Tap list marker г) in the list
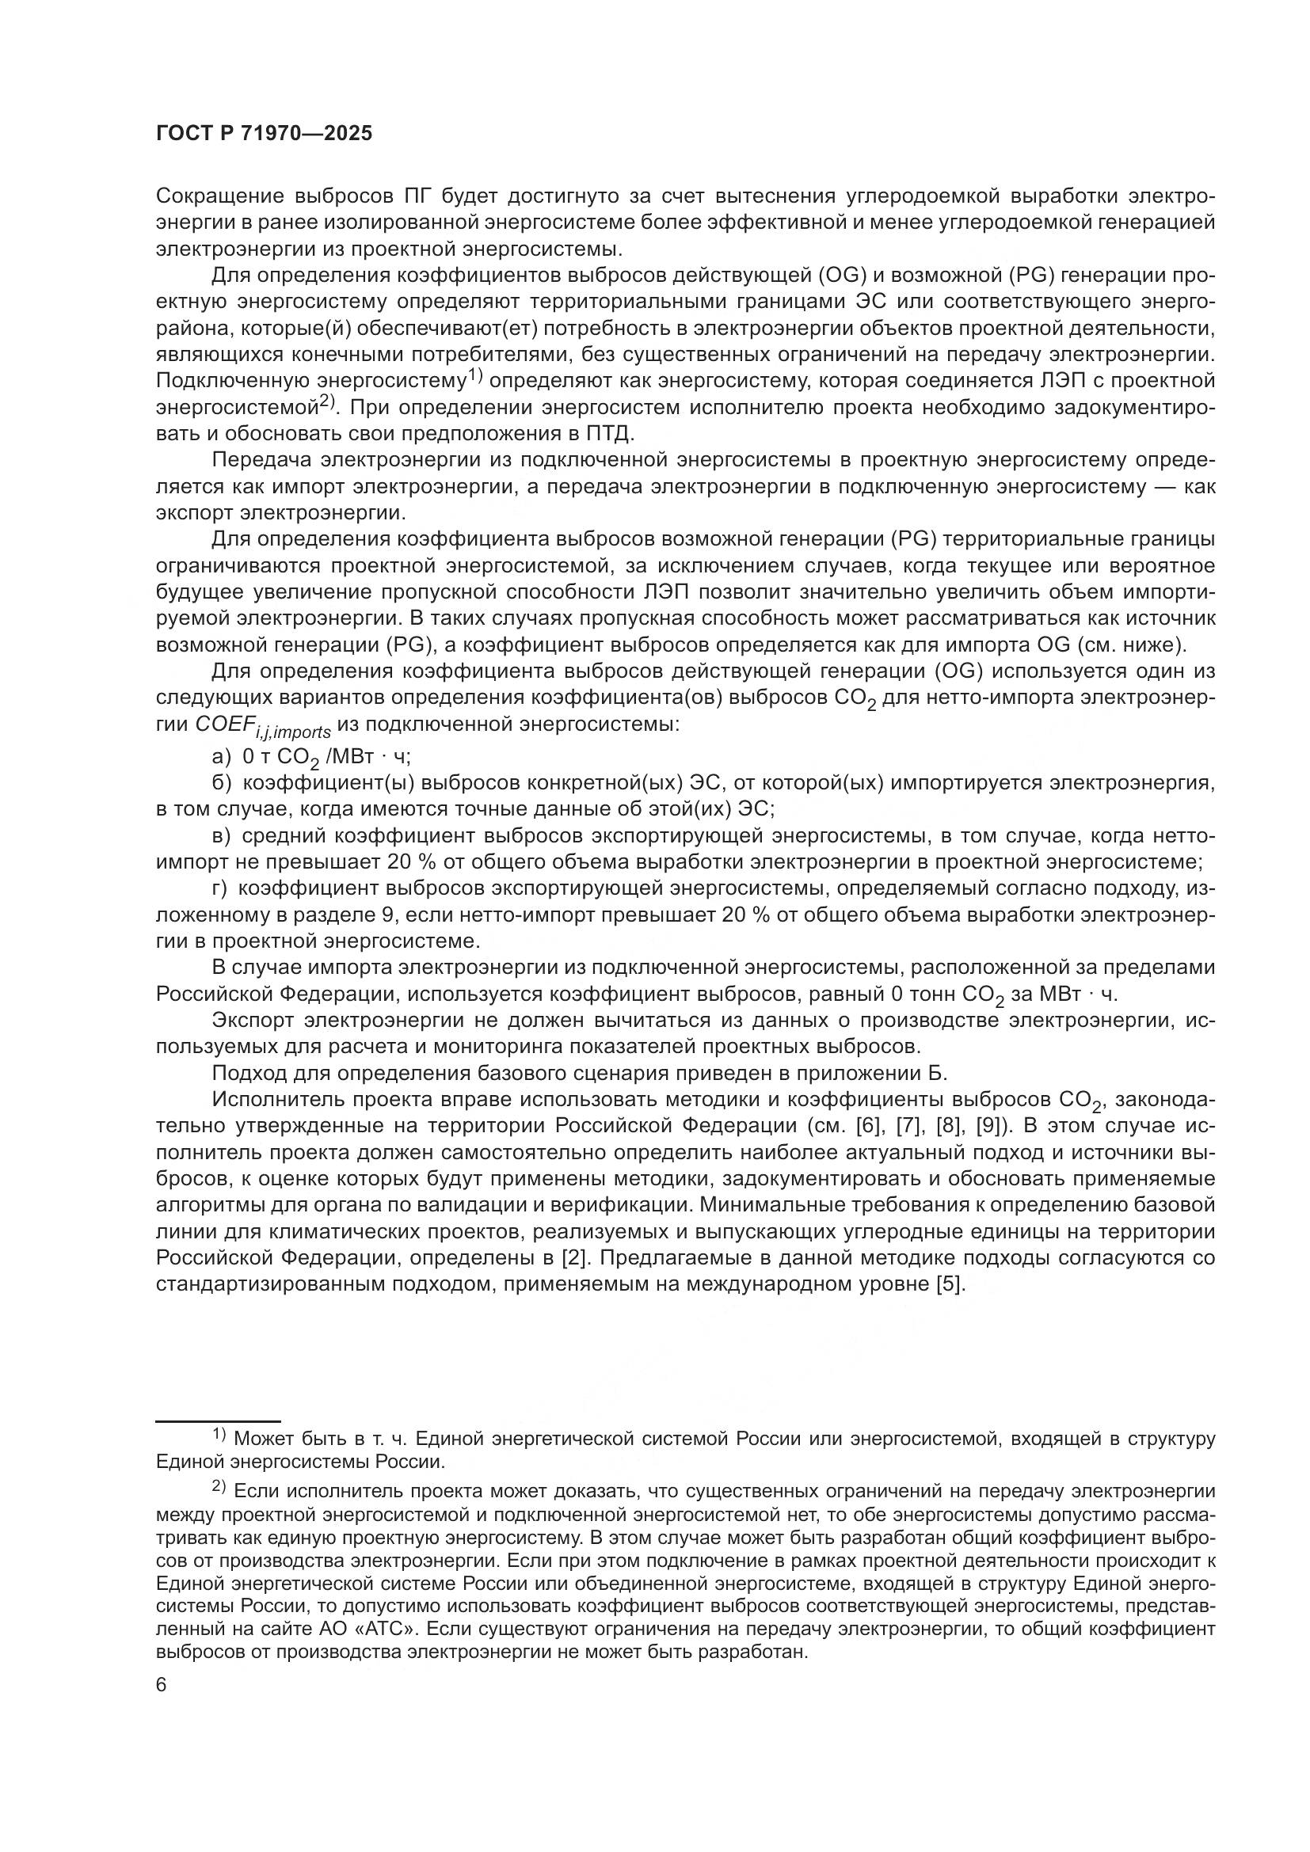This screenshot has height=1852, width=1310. (219, 889)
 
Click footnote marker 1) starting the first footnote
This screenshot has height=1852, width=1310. (219, 1433)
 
